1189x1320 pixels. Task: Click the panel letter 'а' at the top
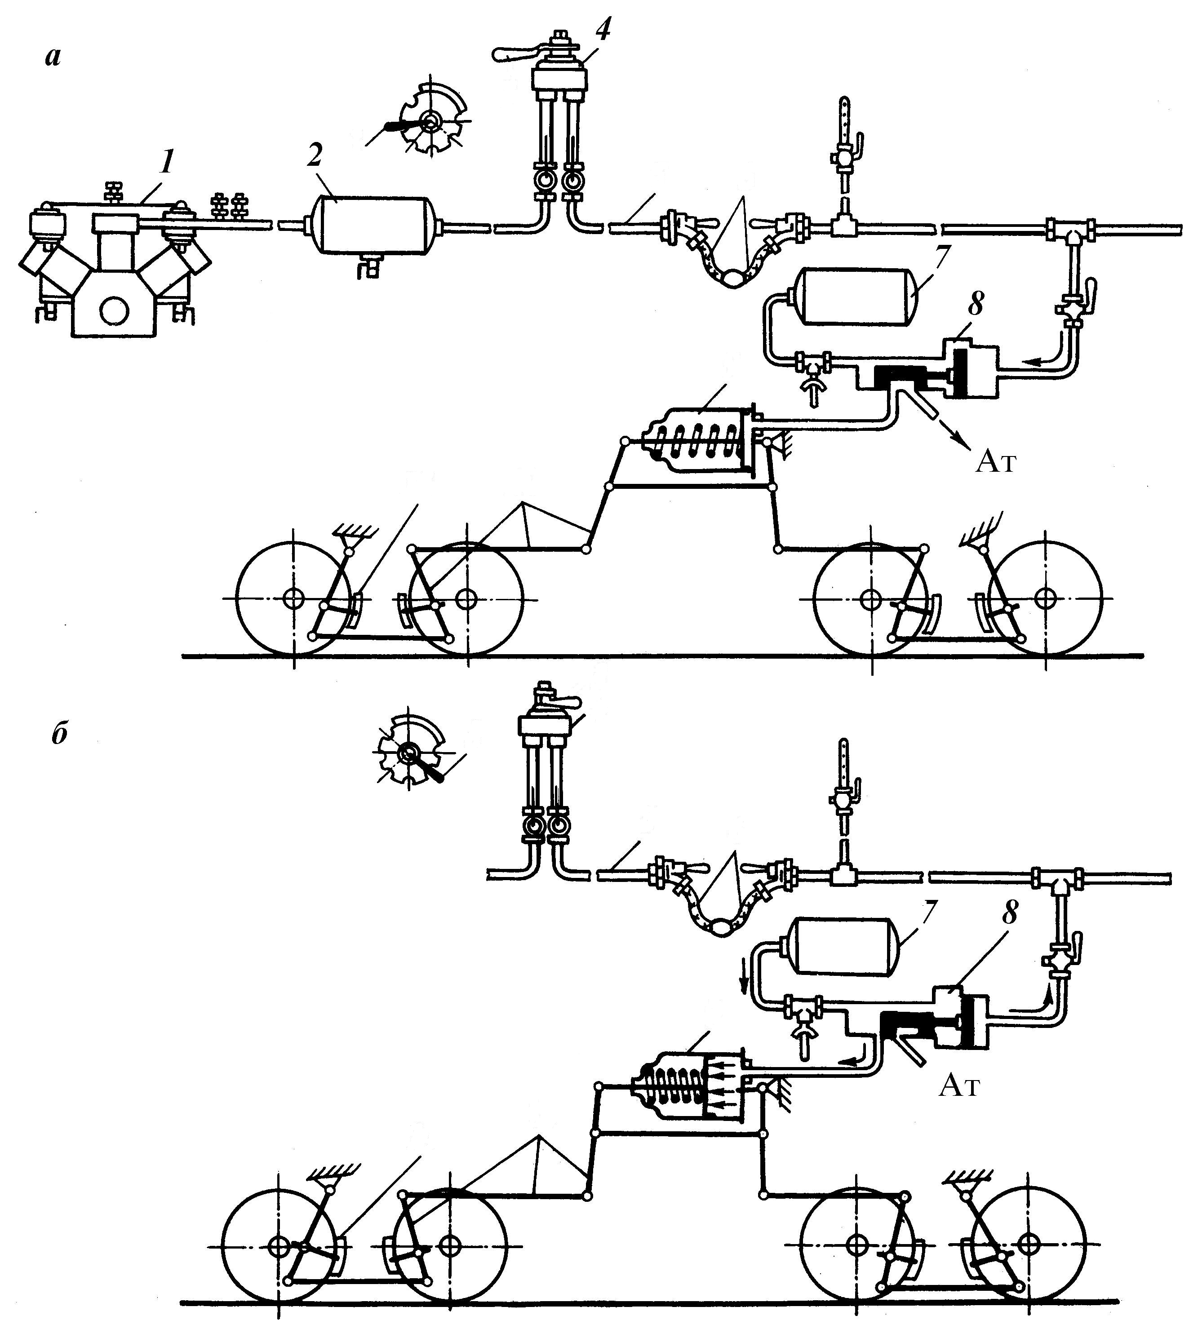[52, 58]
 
